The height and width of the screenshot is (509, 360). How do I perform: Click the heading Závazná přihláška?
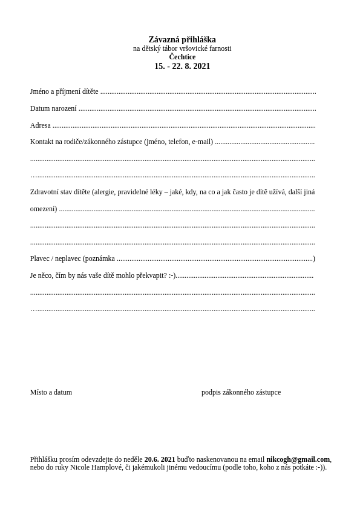tap(182, 40)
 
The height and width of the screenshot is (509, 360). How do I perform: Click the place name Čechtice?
tap(182, 57)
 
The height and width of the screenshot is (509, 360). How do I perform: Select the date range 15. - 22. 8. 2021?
tap(182, 67)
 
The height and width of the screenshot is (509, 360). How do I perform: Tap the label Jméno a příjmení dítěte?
tap(64, 91)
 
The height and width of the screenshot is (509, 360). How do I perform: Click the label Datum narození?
tap(53, 108)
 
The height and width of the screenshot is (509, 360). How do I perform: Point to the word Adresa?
tap(41, 125)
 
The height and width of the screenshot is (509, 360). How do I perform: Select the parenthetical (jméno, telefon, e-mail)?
tap(178, 142)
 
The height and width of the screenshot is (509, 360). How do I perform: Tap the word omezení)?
tap(44, 209)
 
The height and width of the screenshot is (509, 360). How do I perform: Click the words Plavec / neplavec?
tap(56, 258)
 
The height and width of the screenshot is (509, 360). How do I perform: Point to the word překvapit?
tap(151, 275)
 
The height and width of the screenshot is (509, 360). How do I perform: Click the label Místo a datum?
tap(51, 392)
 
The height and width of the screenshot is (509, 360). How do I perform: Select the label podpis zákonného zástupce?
tap(241, 392)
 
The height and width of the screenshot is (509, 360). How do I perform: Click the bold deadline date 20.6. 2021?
tap(160, 459)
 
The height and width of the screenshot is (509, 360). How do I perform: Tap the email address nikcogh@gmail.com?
tap(298, 459)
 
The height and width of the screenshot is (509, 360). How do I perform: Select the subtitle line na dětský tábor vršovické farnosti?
tap(182, 48)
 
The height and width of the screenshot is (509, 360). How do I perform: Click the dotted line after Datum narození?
tap(197, 110)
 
